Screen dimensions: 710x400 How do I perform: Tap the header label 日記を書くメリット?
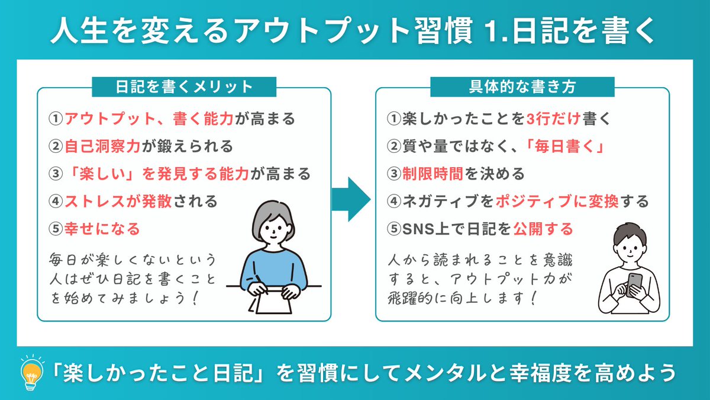[183, 87]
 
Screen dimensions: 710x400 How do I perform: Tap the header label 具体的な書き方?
[522, 87]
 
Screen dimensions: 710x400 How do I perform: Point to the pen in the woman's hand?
[261, 285]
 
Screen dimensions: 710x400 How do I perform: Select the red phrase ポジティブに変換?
[550, 201]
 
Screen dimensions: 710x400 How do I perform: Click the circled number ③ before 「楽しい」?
[56, 174]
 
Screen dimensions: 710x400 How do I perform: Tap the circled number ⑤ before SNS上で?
[393, 228]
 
